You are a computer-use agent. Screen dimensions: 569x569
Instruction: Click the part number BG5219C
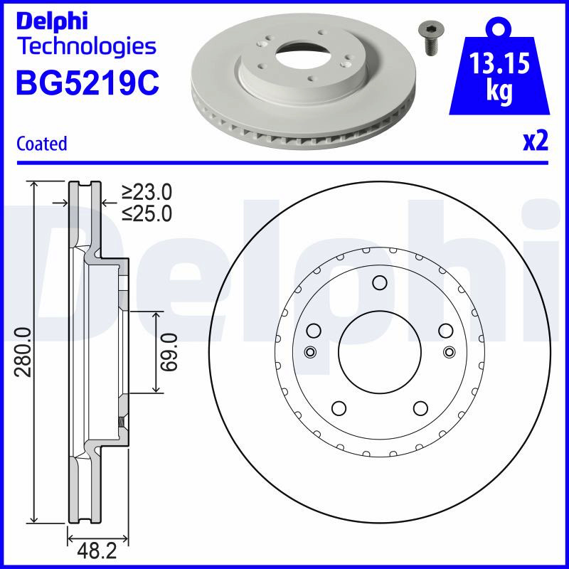pos(87,83)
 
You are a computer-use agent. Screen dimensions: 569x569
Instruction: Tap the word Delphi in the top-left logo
pos(52,21)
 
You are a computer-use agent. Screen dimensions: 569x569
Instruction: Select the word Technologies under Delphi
pos(87,47)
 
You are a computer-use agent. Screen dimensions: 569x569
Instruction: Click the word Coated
pos(42,144)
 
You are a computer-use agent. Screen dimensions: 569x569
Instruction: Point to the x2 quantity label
pos(536,142)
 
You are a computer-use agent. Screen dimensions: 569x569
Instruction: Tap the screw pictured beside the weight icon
pos(431,38)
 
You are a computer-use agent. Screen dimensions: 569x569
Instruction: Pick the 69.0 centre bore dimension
pos(169,352)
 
